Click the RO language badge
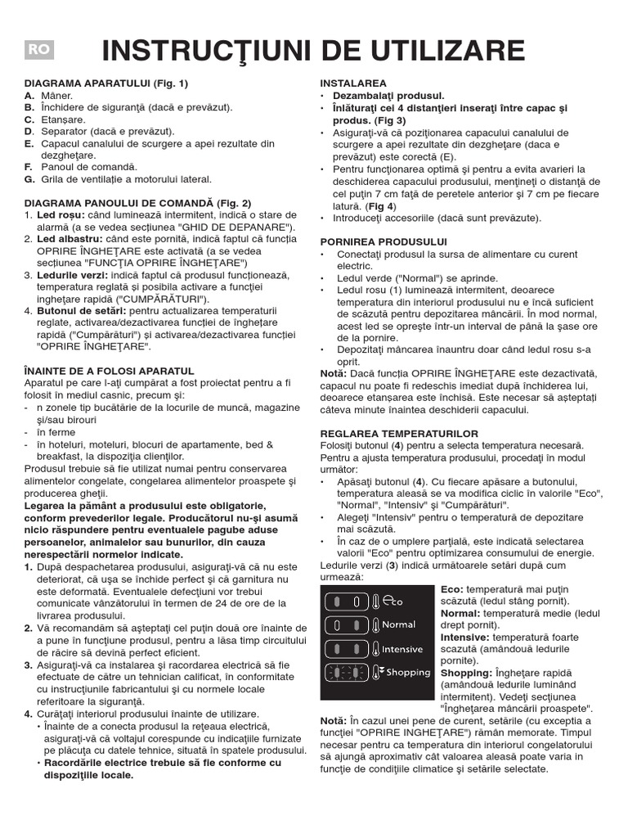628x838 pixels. (x=39, y=50)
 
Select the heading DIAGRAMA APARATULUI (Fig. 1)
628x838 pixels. (x=106, y=83)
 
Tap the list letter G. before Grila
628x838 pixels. (x=29, y=179)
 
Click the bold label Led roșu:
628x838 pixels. (x=61, y=214)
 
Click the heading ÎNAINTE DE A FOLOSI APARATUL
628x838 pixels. (x=109, y=372)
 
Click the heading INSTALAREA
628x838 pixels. (x=353, y=83)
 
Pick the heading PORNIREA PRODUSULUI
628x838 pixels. (x=384, y=241)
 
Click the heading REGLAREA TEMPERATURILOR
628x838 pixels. (x=399, y=433)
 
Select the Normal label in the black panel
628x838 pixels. (x=399, y=625)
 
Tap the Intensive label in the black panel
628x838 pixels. (x=402, y=649)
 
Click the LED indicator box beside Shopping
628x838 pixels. (x=346, y=673)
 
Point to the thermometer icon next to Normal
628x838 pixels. (x=375, y=625)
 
